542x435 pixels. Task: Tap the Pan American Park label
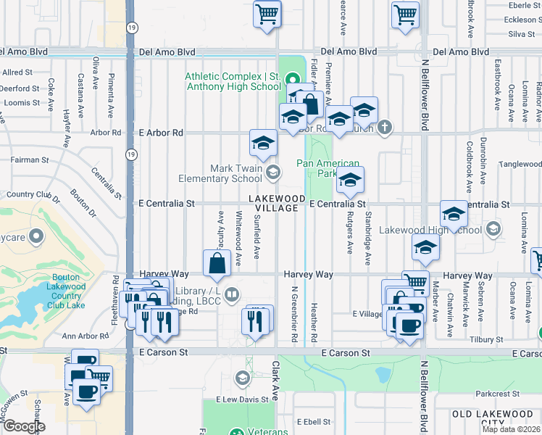[x=328, y=168]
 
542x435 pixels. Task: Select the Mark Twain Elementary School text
[x=235, y=173]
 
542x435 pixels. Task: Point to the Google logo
[x=24, y=426]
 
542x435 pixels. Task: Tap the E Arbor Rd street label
[x=160, y=133]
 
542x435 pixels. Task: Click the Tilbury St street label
[x=486, y=339]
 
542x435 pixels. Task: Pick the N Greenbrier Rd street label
[x=295, y=313]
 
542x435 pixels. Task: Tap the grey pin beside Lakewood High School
[x=493, y=229]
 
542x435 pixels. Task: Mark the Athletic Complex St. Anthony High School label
[x=233, y=82]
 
